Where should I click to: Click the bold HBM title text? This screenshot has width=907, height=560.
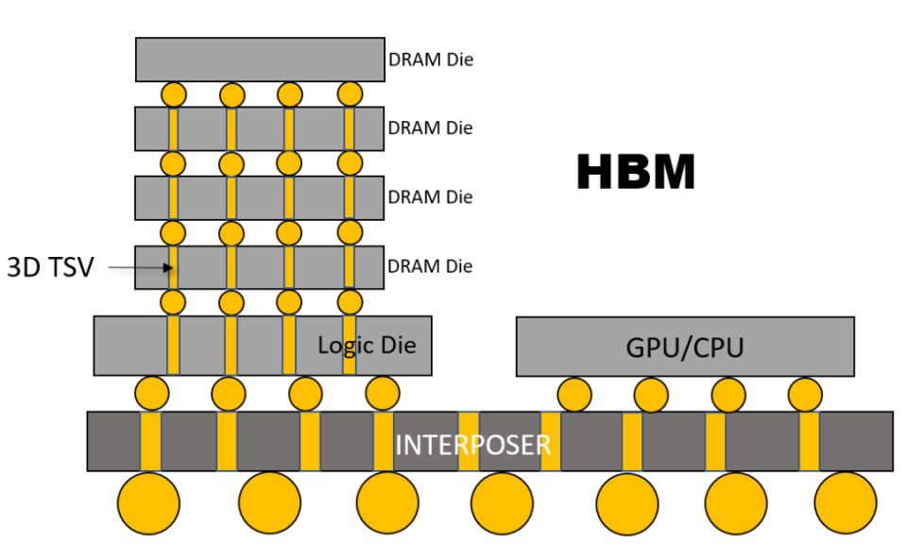click(x=636, y=173)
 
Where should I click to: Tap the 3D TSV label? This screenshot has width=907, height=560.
click(x=51, y=267)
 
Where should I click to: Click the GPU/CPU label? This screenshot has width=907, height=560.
click(x=684, y=347)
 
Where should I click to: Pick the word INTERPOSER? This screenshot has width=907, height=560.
click(x=472, y=444)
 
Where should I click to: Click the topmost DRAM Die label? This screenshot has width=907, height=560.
click(x=431, y=59)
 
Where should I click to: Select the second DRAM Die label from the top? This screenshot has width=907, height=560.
click(x=431, y=127)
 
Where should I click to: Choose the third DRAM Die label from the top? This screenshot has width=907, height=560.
click(x=431, y=197)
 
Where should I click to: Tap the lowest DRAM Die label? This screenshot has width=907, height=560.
click(x=431, y=267)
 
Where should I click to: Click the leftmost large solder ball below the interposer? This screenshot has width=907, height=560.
click(x=148, y=503)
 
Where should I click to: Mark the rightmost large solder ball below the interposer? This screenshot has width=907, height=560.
click(x=846, y=503)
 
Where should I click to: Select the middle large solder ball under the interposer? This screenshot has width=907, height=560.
click(x=502, y=503)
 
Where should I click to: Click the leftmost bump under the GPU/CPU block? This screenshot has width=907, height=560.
click(x=574, y=394)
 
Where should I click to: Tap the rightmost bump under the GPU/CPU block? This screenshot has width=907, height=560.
click(x=805, y=394)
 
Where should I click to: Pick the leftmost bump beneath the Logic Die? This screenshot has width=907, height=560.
click(x=152, y=393)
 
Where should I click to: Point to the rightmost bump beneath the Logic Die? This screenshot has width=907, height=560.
click(x=382, y=393)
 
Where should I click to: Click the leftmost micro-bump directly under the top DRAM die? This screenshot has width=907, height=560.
click(x=173, y=94)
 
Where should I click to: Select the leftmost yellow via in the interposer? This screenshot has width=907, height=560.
click(x=151, y=441)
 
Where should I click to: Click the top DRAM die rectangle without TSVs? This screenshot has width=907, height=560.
click(x=259, y=59)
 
